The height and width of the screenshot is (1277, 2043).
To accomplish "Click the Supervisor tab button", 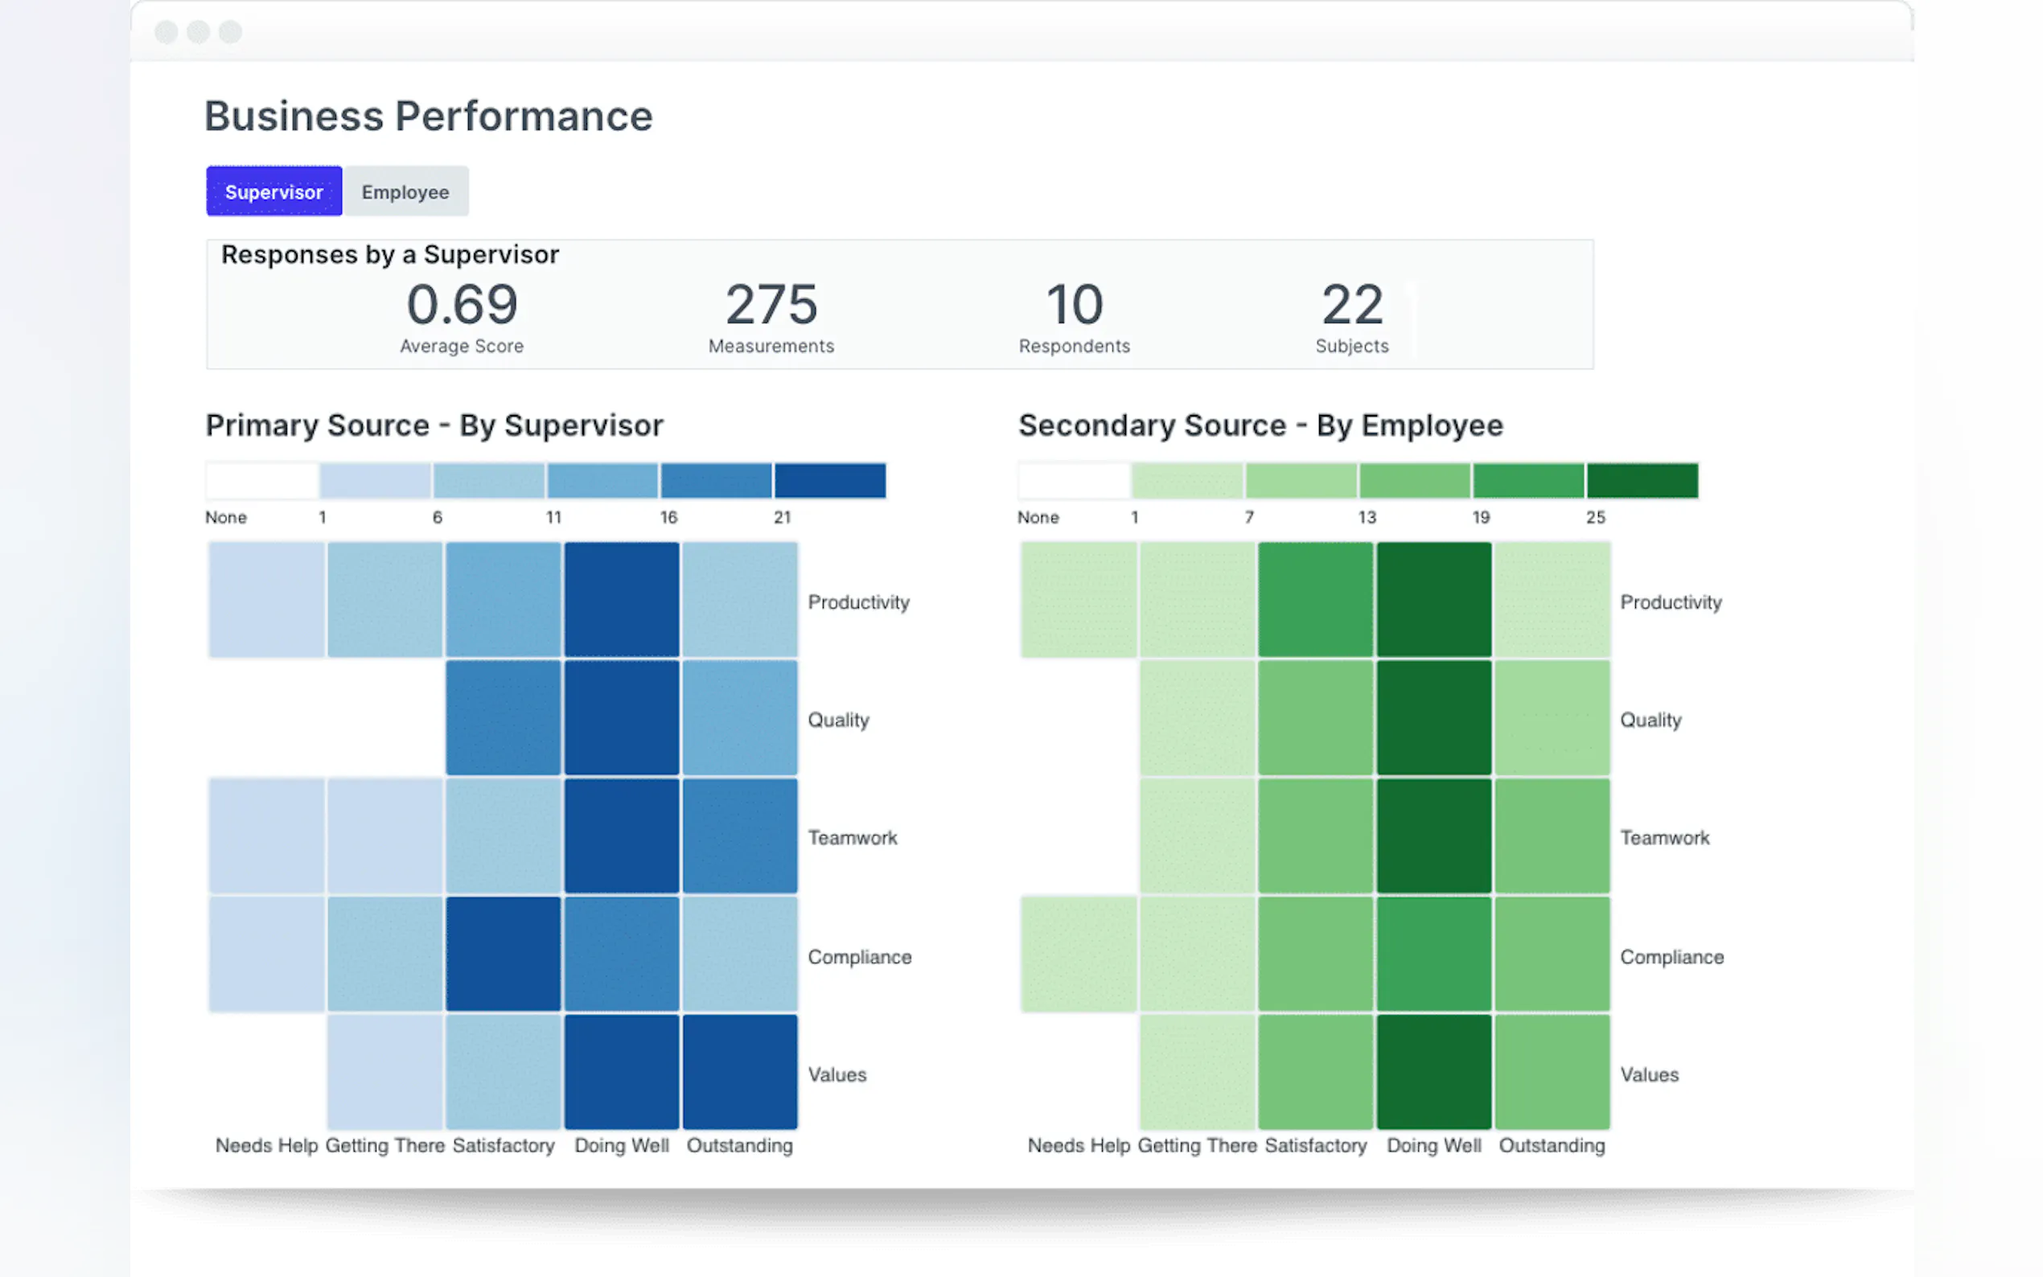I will [273, 191].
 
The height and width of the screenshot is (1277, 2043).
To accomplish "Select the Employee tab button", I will [405, 191].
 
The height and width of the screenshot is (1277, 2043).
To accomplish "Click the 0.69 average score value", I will [461, 304].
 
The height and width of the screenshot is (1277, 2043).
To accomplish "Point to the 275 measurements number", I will [771, 304].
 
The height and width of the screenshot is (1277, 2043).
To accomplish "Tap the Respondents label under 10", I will [1075, 347].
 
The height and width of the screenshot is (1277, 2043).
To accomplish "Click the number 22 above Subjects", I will [1352, 304].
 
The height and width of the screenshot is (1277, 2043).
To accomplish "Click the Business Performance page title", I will [428, 117].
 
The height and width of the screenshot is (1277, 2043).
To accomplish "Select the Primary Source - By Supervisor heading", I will [434, 425].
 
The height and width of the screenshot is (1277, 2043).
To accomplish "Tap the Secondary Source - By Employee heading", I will [1260, 425].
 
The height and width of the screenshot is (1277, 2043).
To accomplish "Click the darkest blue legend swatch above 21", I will [830, 481].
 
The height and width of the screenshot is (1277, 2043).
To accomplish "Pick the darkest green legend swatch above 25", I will [1642, 481].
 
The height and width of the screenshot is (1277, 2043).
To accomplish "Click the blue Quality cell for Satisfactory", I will [504, 718].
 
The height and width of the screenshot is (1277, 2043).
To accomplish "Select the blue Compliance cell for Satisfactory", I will [504, 954].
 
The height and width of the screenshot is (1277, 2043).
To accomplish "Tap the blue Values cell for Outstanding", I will [740, 1072].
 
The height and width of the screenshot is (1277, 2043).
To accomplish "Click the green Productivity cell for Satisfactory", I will [1315, 600].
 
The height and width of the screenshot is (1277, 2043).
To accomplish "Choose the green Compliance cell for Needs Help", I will [1079, 954].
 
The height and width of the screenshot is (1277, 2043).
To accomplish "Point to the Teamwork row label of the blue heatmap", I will [852, 838].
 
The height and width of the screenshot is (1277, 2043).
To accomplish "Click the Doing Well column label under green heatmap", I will [1433, 1145].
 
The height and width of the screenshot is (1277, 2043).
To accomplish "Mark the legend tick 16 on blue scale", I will [669, 517].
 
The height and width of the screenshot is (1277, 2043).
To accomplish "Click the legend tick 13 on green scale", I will [1367, 517].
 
